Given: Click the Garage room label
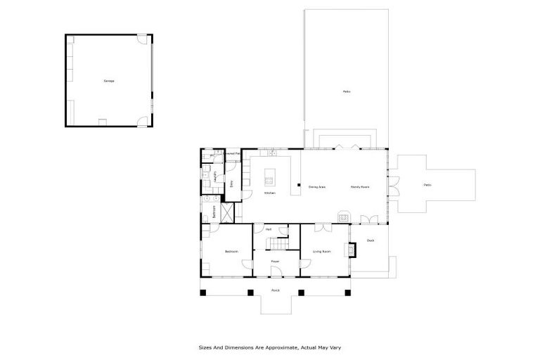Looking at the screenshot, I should [109, 81].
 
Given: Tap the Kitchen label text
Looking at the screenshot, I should [269, 193].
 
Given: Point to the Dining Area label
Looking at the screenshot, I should [316, 186].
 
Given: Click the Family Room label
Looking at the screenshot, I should [361, 186].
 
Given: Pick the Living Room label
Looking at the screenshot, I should [322, 251].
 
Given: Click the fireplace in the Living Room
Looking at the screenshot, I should [347, 250].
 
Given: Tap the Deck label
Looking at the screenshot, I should [371, 240].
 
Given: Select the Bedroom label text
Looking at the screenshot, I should [231, 251].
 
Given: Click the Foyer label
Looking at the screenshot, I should [276, 262].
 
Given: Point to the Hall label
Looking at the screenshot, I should [269, 229].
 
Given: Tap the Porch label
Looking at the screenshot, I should [276, 290].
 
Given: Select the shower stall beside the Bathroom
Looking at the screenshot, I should [228, 212].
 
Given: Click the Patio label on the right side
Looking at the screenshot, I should [427, 185].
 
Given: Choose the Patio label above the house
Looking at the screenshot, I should [347, 91].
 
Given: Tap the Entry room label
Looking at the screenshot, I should [231, 184].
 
